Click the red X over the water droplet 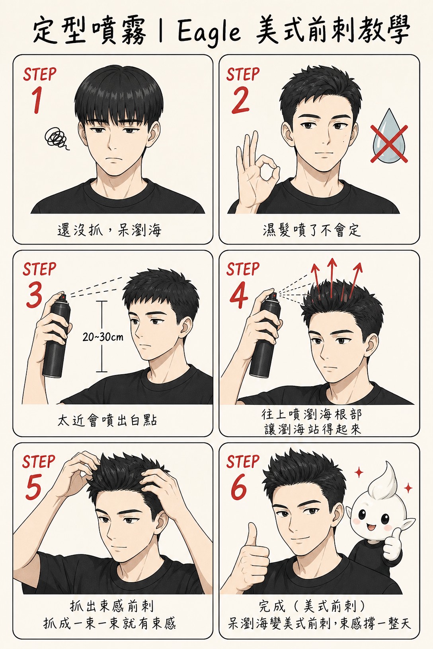(x=389, y=144)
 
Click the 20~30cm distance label (x=103, y=337)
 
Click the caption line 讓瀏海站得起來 (x=313, y=429)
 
